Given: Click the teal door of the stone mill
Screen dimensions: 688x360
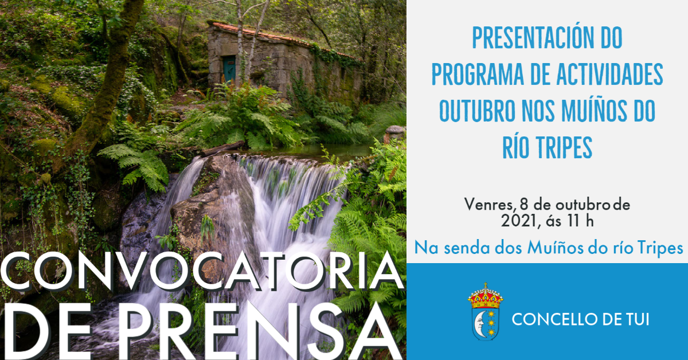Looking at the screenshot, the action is (x=229, y=69).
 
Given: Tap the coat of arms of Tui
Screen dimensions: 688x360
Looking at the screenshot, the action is (x=485, y=312).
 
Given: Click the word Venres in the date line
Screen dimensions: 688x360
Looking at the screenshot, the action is (x=488, y=205).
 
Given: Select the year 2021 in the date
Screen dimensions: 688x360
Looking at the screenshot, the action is (x=519, y=221).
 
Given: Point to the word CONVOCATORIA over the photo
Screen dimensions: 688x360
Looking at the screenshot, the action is (x=202, y=271).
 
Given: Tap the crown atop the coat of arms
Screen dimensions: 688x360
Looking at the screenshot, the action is (x=485, y=295).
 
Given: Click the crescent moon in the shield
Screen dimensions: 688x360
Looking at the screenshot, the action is (x=479, y=324).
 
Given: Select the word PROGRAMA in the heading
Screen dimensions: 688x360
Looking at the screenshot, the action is (x=477, y=75).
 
